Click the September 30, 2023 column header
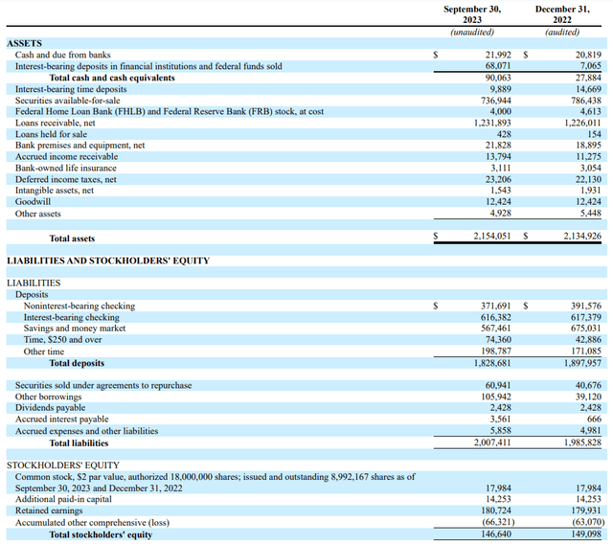point(472,14)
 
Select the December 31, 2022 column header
point(562,14)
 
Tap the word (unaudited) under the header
point(472,32)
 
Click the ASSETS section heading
point(24,43)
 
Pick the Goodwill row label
point(33,202)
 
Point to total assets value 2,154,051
point(491,236)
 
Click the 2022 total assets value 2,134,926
point(582,236)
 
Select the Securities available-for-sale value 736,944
point(496,101)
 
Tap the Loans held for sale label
point(51,134)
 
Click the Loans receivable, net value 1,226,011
point(582,123)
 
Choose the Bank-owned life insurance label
point(66,168)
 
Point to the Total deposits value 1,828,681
point(492,363)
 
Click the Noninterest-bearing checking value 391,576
point(586,306)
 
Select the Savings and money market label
point(75,329)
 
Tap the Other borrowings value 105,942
point(496,397)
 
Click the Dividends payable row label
point(50,408)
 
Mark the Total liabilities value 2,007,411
point(492,442)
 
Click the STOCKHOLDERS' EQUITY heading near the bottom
point(63,465)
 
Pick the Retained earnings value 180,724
point(496,510)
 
